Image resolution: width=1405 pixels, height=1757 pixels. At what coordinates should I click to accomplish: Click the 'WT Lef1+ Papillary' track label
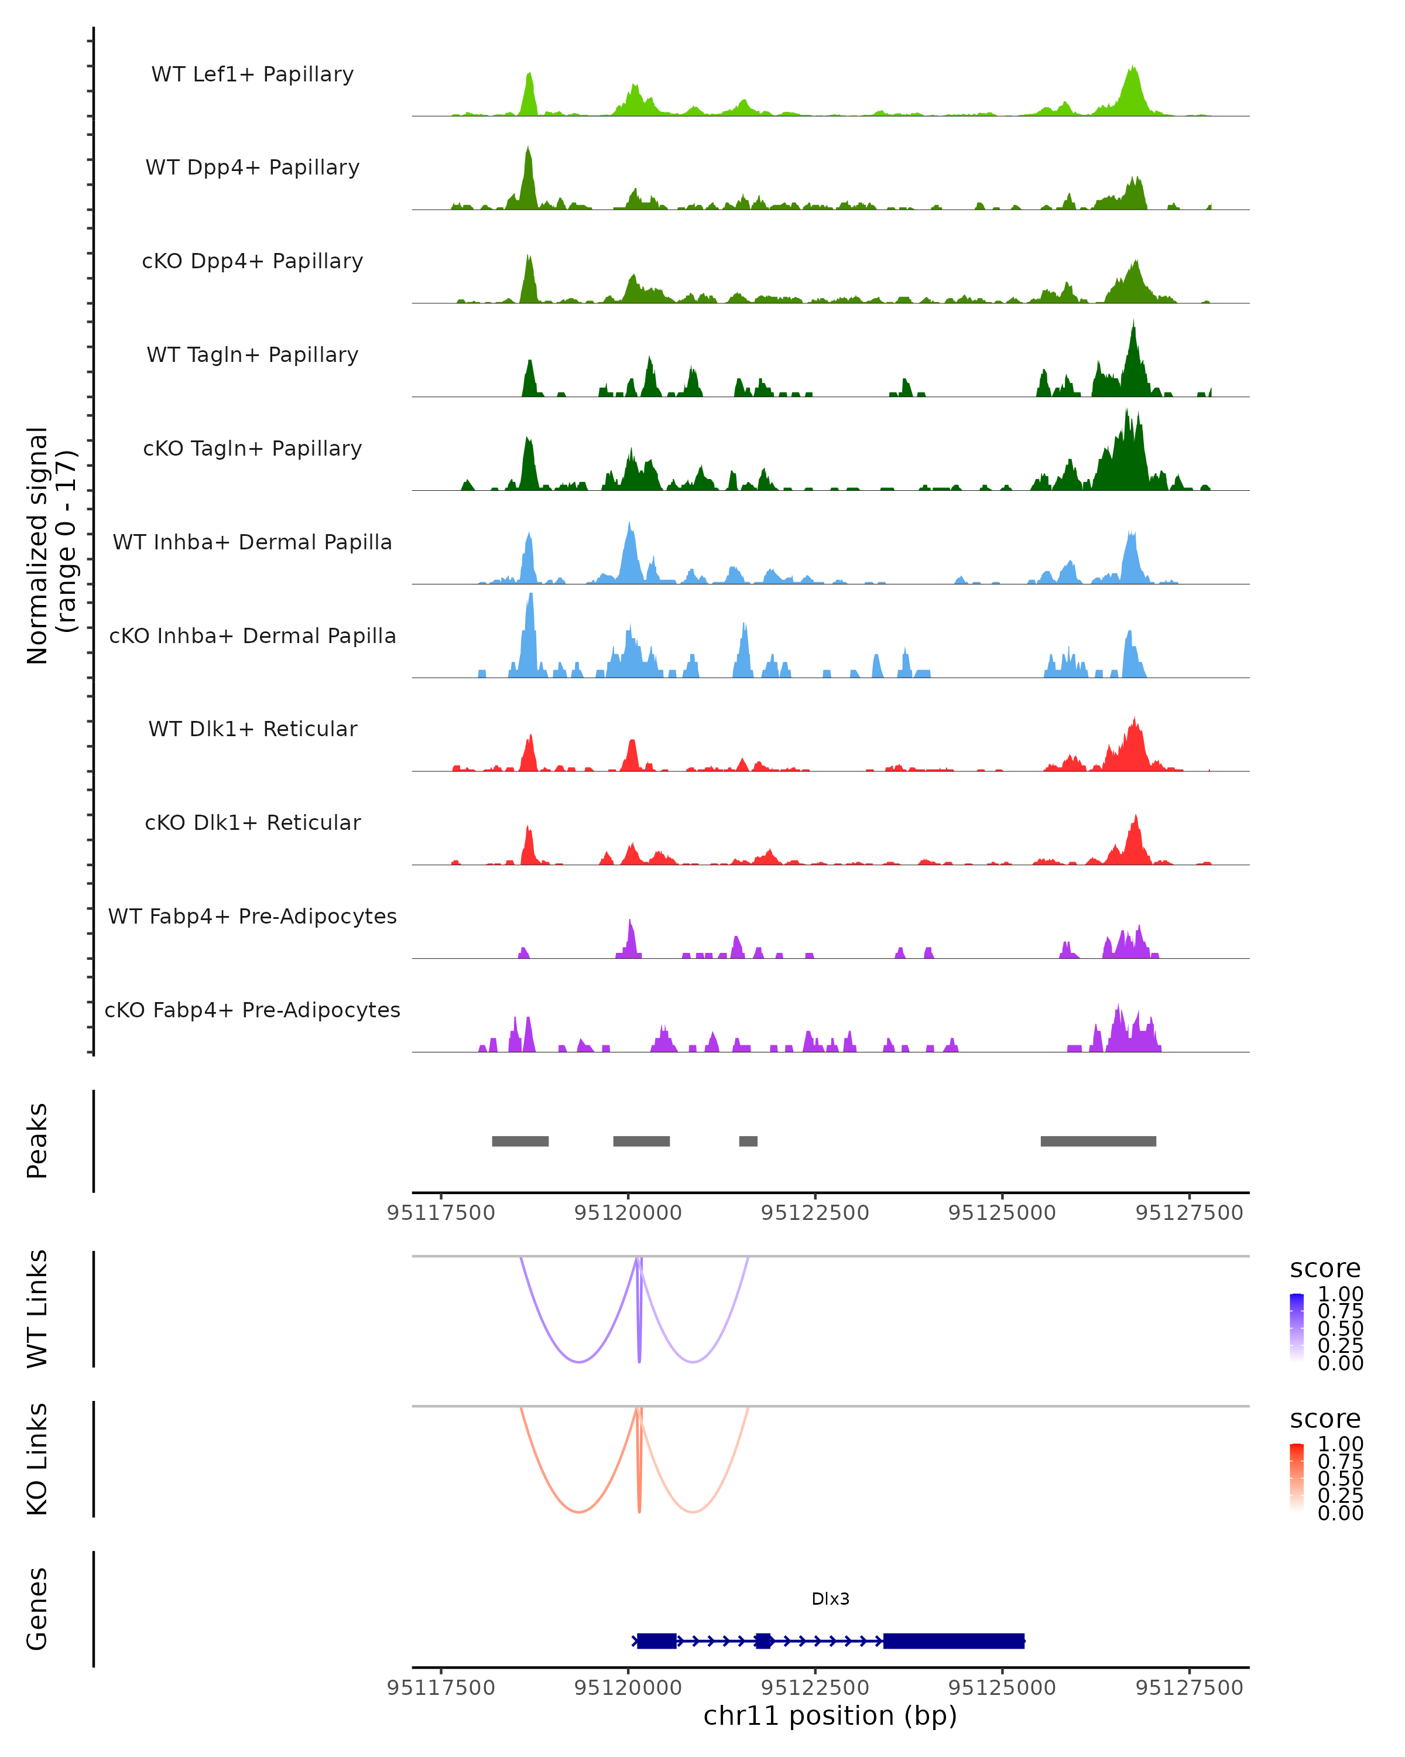coord(252,74)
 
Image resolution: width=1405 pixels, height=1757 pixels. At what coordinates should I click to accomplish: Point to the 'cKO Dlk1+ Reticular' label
coord(252,822)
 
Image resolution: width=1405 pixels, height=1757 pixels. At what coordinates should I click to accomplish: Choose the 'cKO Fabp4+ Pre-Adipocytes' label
coord(252,1010)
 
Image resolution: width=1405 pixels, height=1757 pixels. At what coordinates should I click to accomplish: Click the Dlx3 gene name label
coord(830,1599)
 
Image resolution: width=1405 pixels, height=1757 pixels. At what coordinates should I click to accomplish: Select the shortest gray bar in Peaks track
coord(748,1141)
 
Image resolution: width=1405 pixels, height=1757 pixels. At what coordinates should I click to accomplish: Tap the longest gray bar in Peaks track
coord(1098,1141)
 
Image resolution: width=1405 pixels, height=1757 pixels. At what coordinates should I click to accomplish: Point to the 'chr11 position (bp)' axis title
coord(830,1715)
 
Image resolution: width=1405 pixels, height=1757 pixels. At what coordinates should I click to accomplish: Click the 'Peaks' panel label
coord(37,1141)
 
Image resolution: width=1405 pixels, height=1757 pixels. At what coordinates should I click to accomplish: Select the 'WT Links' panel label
coord(37,1309)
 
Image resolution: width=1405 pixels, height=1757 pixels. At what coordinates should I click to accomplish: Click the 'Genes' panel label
coord(37,1609)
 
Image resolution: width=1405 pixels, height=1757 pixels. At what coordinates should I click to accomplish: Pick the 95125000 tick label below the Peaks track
coord(1002,1213)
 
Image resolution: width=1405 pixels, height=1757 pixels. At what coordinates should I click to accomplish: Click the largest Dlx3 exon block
coord(954,1640)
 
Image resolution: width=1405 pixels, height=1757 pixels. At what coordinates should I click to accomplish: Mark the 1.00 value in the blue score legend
coord(1341,1294)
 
